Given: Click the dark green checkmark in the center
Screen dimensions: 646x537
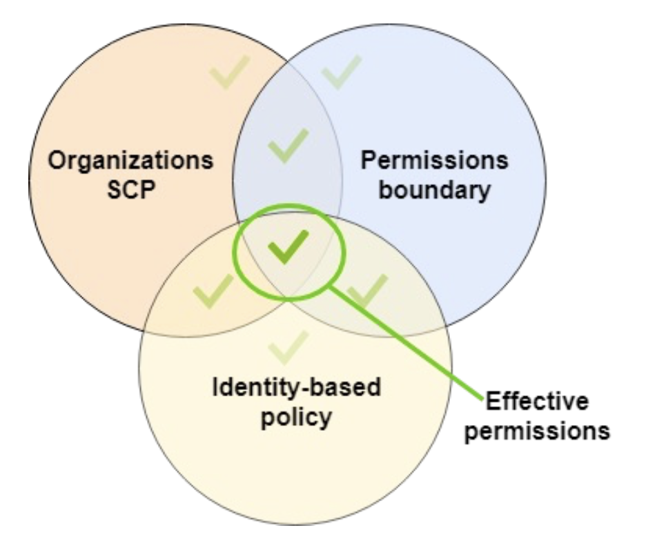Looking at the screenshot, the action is tap(288, 247).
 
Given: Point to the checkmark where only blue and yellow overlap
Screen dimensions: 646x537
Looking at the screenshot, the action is tap(366, 289).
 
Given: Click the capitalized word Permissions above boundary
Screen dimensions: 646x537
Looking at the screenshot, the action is tap(435, 162).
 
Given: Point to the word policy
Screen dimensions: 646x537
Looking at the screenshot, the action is tap(295, 417).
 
